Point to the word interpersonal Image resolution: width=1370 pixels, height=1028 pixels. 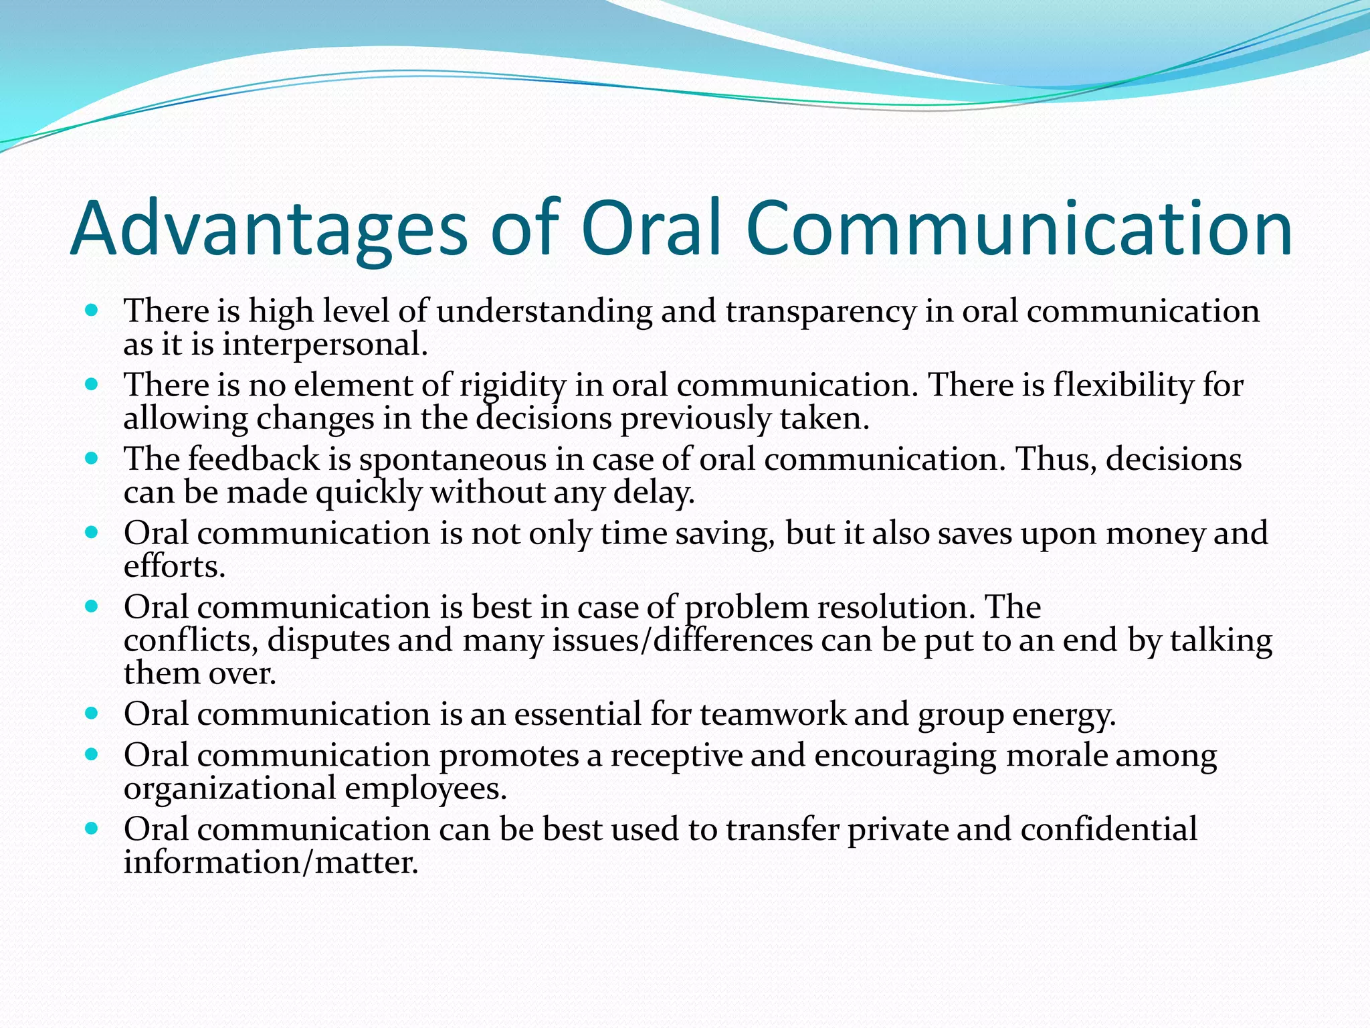pos(324,345)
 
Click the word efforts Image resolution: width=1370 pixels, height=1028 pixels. pos(174,567)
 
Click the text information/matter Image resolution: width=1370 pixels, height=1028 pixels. pos(271,863)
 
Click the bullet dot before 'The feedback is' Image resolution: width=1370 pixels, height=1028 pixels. pos(92,459)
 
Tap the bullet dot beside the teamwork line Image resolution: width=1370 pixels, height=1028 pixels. pos(92,714)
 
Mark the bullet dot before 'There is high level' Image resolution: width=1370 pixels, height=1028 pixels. pos(92,311)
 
